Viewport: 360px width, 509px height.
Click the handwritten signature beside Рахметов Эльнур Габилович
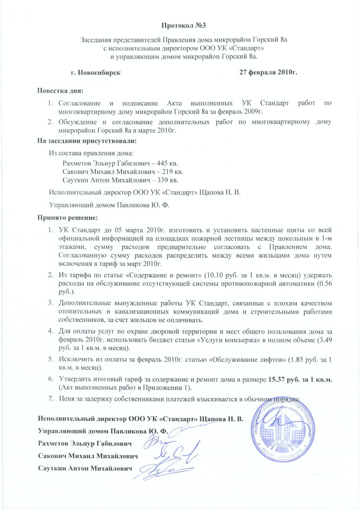(157, 441)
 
